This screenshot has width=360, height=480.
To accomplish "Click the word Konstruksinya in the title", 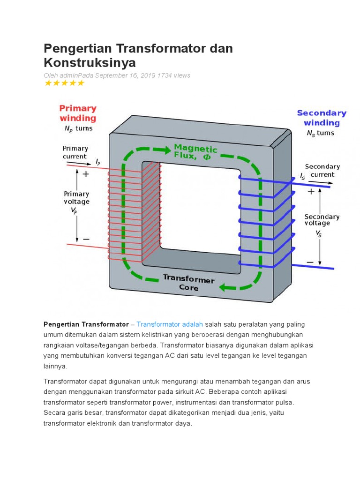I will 90,63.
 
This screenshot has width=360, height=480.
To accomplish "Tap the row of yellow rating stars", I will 64,83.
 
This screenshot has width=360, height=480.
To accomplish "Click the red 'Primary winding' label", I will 78,113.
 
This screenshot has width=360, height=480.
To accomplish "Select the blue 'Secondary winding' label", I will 322,118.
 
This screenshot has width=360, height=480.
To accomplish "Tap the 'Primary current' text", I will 75,152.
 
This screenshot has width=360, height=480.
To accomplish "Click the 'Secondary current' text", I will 322,171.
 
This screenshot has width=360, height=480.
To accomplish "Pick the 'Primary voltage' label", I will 76,197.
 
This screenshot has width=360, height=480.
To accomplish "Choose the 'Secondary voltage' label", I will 322,220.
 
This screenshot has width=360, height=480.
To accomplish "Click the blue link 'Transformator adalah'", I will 170,324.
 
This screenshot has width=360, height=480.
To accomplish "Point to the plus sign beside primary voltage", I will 86,174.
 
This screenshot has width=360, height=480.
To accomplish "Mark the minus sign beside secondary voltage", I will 310,262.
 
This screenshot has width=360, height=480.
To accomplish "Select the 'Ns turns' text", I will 321,133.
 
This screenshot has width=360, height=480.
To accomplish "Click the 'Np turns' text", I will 78,128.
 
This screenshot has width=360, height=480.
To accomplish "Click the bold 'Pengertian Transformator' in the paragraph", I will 86,324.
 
